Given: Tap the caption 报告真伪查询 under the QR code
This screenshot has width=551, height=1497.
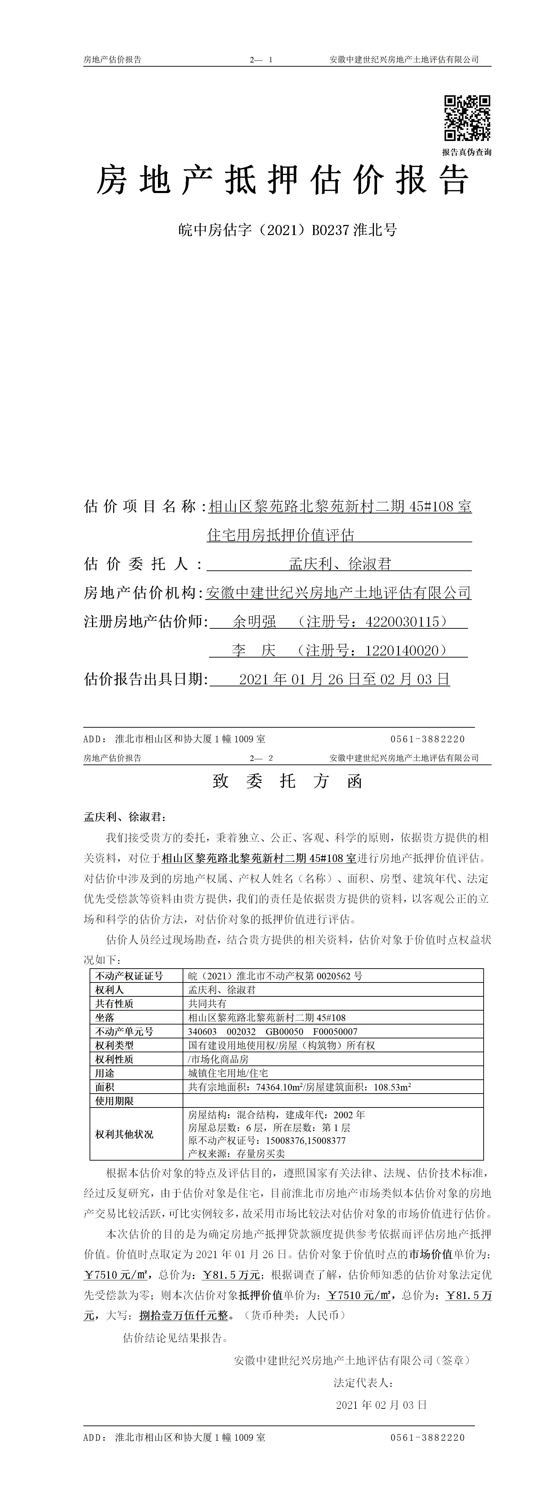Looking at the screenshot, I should pos(467,152).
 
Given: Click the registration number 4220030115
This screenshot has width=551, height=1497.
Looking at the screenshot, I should pos(402,622).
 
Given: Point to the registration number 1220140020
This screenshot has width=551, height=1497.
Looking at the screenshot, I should pos(402,650).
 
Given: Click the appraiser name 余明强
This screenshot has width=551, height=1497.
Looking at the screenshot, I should pos(254,622).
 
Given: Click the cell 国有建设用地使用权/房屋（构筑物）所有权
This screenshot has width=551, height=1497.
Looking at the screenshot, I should pos(281,1045).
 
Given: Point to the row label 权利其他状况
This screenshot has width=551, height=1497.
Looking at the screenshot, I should pos(124,1134).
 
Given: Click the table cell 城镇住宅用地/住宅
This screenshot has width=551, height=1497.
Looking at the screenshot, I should pos(228,1073).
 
